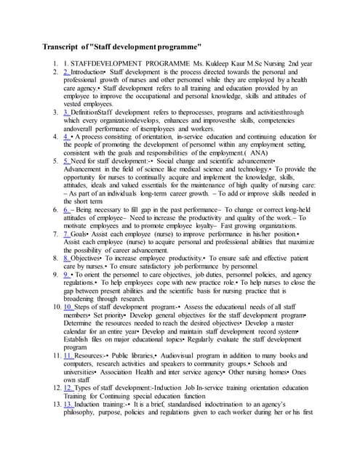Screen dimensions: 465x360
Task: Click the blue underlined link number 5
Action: (x=66, y=161)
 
